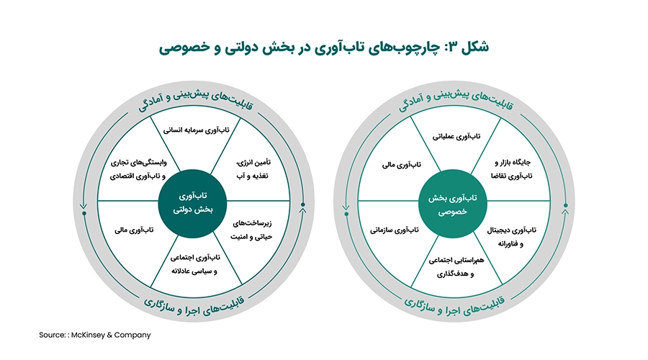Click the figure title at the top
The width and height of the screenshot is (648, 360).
click(323, 46)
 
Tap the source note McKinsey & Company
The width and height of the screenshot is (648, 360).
click(94, 335)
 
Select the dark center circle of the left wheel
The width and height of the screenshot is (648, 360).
click(192, 203)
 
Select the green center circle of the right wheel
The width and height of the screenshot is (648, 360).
click(453, 204)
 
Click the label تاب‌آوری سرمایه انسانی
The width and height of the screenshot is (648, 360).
click(196, 130)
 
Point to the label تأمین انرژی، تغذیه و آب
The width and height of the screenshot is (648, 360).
click(253, 169)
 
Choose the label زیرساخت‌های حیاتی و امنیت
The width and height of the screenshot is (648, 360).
click(251, 230)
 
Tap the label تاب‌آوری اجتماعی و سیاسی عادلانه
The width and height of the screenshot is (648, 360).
click(195, 264)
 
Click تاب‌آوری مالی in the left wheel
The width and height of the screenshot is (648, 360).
click(134, 230)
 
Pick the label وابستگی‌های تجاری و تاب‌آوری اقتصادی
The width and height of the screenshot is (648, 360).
click(138, 169)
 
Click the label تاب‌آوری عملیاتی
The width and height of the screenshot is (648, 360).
click(456, 136)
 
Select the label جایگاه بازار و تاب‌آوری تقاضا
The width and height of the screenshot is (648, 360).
click(512, 169)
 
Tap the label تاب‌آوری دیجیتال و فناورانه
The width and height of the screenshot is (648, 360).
click(511, 237)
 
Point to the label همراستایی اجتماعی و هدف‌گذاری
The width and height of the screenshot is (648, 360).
click(456, 267)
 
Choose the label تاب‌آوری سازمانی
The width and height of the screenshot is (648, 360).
click(395, 230)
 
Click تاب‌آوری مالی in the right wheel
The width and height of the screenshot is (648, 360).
click(401, 165)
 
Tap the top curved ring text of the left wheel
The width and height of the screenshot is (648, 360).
click(195, 98)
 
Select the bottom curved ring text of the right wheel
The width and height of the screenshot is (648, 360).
click(454, 305)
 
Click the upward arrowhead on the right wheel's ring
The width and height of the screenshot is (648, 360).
click(565, 212)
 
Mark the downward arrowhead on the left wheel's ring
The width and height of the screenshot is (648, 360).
click(84, 206)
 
